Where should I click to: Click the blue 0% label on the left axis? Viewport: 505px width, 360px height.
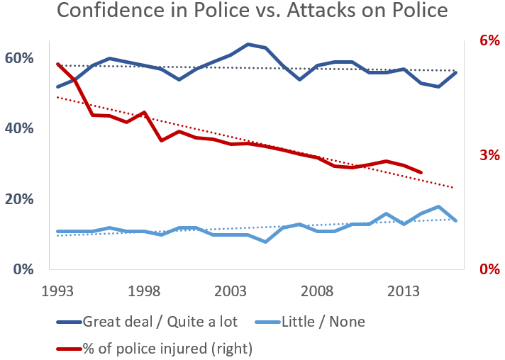[25, 269]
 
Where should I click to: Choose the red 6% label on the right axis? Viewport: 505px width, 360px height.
[490, 40]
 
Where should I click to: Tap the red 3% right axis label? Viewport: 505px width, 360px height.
[490, 155]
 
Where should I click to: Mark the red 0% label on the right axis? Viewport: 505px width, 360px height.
[490, 269]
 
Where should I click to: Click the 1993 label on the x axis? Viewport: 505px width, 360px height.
[58, 292]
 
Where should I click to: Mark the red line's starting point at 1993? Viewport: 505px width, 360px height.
[58, 64]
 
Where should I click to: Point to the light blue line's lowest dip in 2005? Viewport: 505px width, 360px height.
[265, 242]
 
